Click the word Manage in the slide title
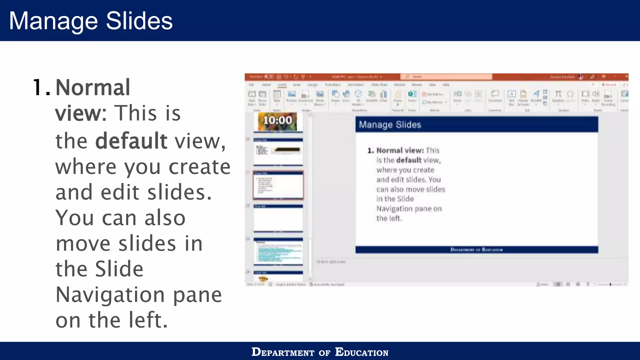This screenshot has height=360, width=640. tap(53, 21)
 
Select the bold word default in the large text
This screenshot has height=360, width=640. tap(131, 141)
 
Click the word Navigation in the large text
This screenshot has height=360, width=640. tap(110, 295)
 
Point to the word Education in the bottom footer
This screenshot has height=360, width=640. tap(362, 352)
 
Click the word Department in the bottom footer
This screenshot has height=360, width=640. tap(283, 352)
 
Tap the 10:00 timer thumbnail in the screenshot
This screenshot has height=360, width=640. tap(277, 121)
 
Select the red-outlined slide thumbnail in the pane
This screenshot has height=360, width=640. tap(278, 185)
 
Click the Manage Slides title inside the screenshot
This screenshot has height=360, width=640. tap(390, 125)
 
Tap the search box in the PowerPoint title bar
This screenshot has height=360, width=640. tap(446, 77)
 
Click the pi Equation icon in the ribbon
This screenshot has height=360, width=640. tap(558, 94)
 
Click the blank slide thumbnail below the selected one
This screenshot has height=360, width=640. tap(278, 218)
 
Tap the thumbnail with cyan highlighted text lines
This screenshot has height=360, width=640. tap(278, 252)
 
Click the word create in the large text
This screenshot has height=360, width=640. tap(199, 167)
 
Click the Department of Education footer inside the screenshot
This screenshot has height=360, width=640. tap(476, 250)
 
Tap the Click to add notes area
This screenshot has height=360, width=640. tap(331, 262)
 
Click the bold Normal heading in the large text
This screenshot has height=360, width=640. tap(92, 87)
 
